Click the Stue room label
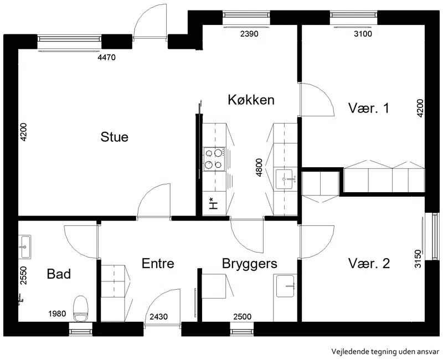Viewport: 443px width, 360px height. click(x=115, y=137)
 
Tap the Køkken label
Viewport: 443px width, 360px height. click(x=251, y=100)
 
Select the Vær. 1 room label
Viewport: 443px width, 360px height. click(x=369, y=108)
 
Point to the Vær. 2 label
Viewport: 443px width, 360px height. click(x=369, y=264)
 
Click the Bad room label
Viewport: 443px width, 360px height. click(x=59, y=274)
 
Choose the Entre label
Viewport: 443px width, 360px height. click(x=158, y=264)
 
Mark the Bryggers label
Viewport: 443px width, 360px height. click(x=250, y=264)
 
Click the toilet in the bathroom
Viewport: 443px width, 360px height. click(x=81, y=308)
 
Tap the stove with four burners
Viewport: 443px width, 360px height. click(x=214, y=159)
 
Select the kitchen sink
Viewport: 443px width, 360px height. click(x=285, y=179)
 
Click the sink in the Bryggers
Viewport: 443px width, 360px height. click(x=286, y=286)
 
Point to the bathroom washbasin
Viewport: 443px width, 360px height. click(x=24, y=246)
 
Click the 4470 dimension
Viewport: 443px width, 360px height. click(x=106, y=58)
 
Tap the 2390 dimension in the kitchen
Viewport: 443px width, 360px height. click(x=249, y=34)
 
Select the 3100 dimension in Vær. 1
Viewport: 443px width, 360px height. click(x=363, y=34)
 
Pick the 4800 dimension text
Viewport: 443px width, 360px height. click(x=259, y=168)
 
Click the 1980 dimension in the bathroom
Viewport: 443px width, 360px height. click(x=57, y=313)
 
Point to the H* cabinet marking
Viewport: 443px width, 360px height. click(x=214, y=204)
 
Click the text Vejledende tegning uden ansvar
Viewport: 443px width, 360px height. click(x=385, y=352)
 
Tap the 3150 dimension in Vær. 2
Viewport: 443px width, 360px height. click(x=418, y=259)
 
